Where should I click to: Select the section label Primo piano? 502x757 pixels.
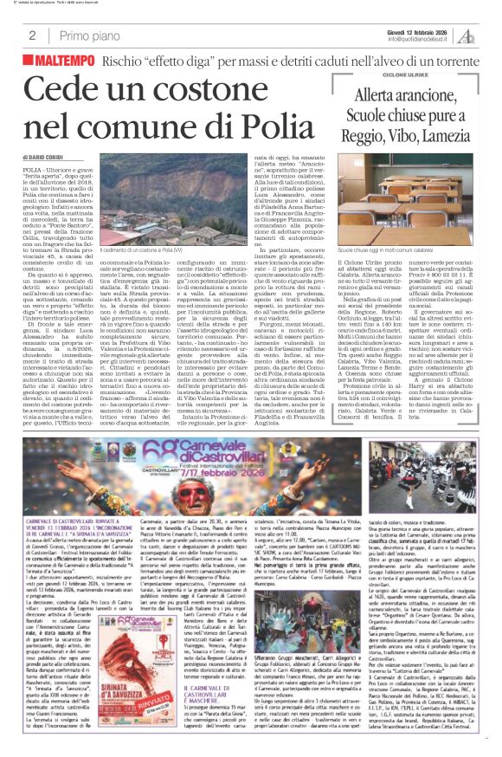pyautogui.click(x=89, y=36)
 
